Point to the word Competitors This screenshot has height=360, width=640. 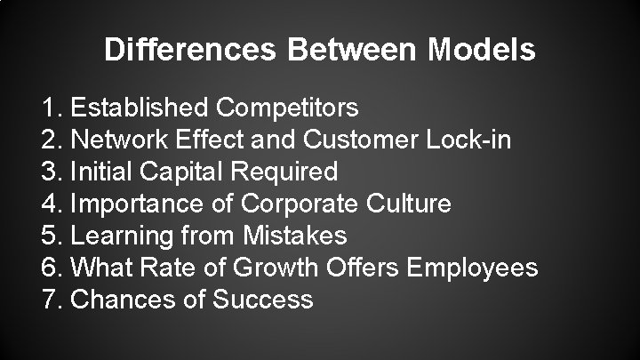[x=288, y=108]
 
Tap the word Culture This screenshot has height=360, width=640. [x=405, y=204]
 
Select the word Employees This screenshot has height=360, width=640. [x=468, y=268]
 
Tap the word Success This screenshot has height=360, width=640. [x=263, y=300]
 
